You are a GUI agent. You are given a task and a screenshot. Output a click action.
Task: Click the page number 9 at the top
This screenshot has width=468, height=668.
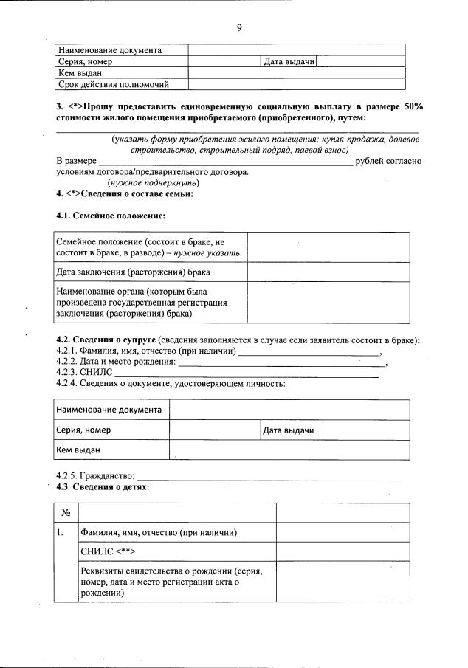tap(239, 28)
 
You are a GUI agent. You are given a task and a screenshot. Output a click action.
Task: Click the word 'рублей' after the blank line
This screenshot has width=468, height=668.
tap(370, 161)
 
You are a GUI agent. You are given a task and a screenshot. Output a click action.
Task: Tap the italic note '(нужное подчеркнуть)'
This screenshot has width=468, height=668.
tap(152, 182)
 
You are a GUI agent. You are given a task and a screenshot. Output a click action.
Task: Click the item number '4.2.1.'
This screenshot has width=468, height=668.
tap(66, 351)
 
